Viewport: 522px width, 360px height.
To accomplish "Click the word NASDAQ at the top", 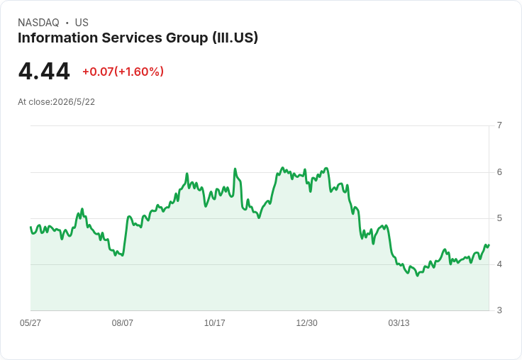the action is click(x=38, y=23).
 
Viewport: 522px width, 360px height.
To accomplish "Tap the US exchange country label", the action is click(x=82, y=23).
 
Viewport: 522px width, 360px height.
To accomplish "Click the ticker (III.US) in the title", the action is click(x=235, y=38).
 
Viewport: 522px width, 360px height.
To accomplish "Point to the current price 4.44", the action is click(x=44, y=72).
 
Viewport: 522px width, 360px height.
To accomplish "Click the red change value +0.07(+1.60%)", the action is click(x=123, y=72).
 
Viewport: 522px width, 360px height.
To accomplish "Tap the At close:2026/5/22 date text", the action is click(x=56, y=102).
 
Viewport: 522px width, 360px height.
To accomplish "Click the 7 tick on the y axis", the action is click(x=499, y=125).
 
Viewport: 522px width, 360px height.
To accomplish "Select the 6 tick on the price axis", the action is click(x=499, y=172).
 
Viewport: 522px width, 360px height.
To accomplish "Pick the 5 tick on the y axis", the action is click(x=499, y=218).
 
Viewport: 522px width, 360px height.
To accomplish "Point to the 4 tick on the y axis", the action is click(x=499, y=264).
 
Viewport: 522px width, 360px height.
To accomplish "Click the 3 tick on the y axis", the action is click(x=499, y=310).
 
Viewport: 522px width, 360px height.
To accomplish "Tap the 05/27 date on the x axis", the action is click(x=30, y=323).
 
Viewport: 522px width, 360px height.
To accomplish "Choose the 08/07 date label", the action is click(x=122, y=323).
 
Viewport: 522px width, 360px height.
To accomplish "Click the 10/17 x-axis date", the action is click(x=214, y=323).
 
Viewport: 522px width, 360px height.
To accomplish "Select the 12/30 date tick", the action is click(x=306, y=323).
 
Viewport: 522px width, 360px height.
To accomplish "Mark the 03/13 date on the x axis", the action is click(x=399, y=323).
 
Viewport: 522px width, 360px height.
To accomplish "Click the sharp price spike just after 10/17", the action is click(x=235, y=169).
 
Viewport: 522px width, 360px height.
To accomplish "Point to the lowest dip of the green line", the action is click(x=418, y=276).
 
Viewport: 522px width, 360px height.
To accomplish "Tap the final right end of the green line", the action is click(x=489, y=245).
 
